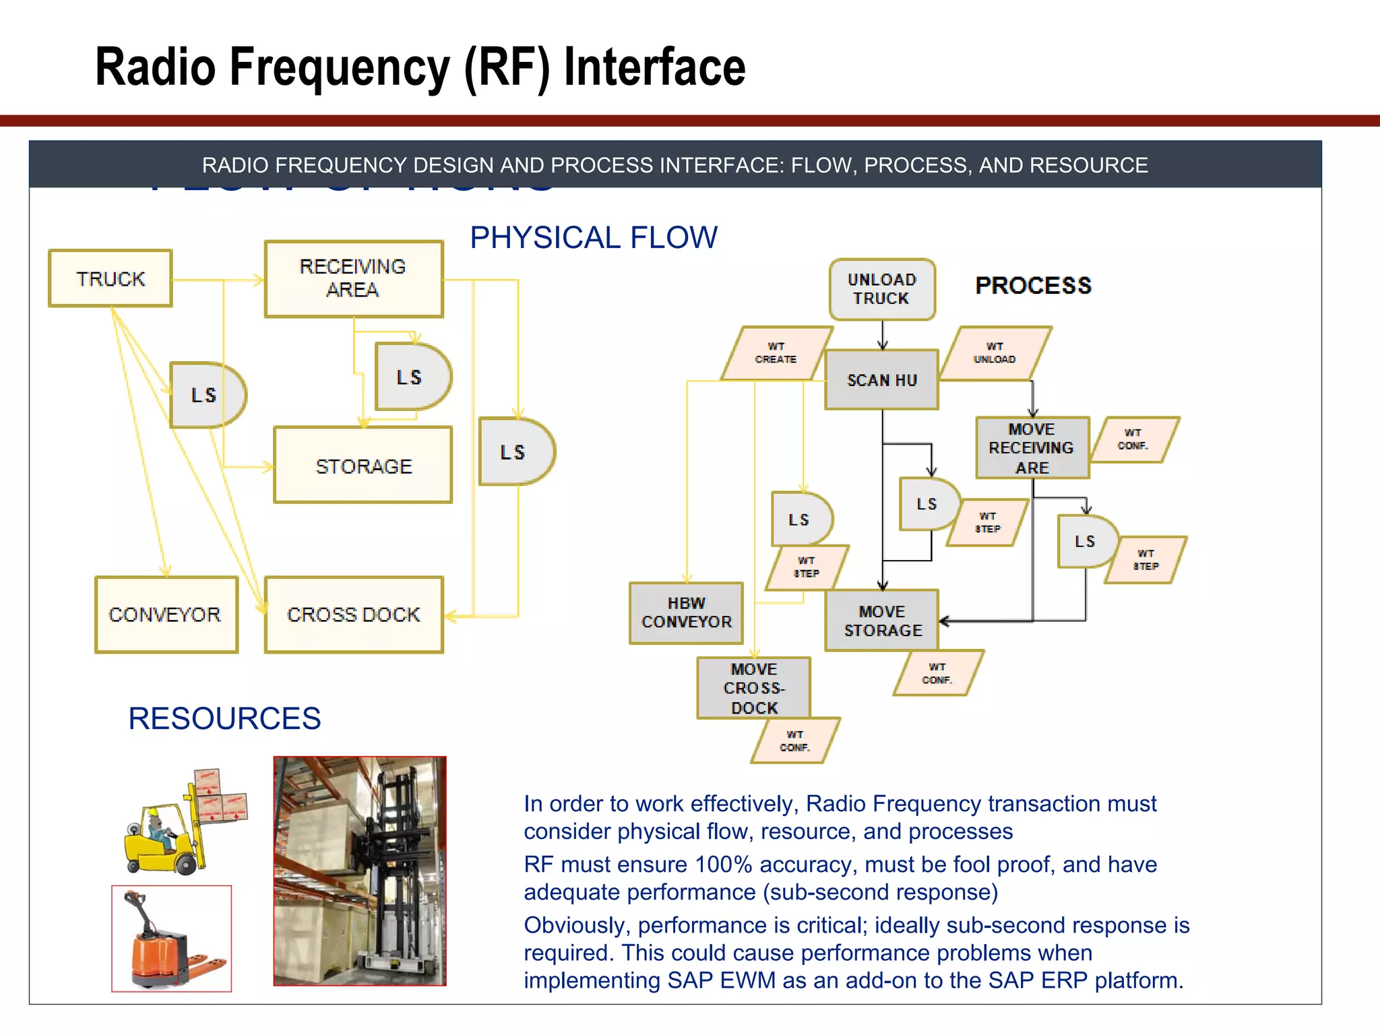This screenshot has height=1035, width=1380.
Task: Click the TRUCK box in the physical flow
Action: pos(111,278)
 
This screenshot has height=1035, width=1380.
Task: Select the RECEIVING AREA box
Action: pos(353,278)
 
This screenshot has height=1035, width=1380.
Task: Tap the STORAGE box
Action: pos(363,465)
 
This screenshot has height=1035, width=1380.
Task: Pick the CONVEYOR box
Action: pos(166,614)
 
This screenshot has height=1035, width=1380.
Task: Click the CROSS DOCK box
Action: pos(353,614)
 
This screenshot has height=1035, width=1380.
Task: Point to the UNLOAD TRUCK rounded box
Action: pos(881,289)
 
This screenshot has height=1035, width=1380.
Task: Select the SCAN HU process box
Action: pos(881,380)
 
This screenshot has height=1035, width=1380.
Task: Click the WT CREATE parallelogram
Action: pos(776,353)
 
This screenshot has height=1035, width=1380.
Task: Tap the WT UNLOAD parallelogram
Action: pos(995,353)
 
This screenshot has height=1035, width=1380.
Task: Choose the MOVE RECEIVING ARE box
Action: pos(1032,448)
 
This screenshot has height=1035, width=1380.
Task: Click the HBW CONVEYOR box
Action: pos(686,613)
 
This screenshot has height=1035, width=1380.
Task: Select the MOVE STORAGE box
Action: pos(882,621)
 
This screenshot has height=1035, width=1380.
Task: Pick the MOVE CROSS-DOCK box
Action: pos(753,688)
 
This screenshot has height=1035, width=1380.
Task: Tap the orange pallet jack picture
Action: pos(171,939)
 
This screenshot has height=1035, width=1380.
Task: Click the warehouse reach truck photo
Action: pos(360,871)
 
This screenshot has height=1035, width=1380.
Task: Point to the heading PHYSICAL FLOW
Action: pos(594,238)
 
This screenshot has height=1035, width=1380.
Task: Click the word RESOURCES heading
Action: pos(224,718)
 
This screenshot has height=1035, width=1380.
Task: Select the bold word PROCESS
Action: pos(1033,286)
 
